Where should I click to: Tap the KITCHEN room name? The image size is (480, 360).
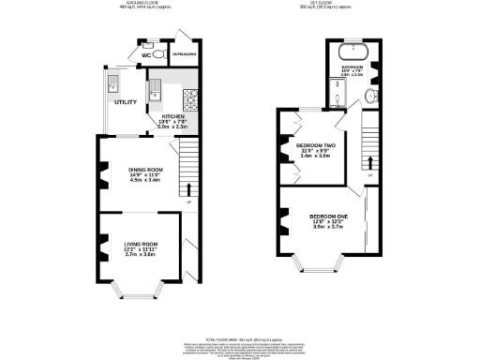[x=185, y=118]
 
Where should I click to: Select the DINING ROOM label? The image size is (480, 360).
[x=145, y=170]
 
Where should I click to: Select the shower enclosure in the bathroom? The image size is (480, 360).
[x=336, y=92]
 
